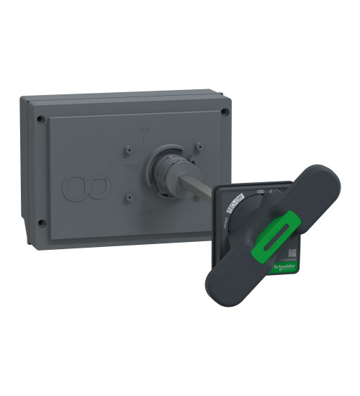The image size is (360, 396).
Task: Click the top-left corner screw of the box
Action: (x=41, y=119)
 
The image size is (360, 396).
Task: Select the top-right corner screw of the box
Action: (x=225, y=112)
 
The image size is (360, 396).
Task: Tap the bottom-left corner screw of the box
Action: (x=41, y=222)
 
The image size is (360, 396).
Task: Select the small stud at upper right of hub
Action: (x=197, y=146)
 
